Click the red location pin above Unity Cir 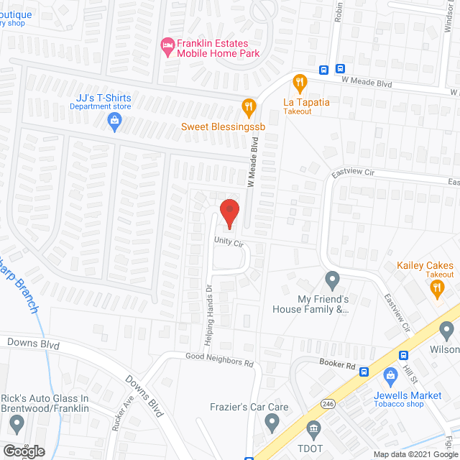[x=229, y=212]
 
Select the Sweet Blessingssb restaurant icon [x=249, y=108]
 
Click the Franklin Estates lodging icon [x=167, y=47]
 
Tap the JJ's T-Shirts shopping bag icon [x=114, y=120]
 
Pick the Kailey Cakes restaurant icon [x=436, y=288]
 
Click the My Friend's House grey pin [x=331, y=278]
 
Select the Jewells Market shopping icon [x=391, y=374]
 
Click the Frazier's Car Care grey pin [x=272, y=423]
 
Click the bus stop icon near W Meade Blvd [x=325, y=70]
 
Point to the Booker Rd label [x=339, y=366]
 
